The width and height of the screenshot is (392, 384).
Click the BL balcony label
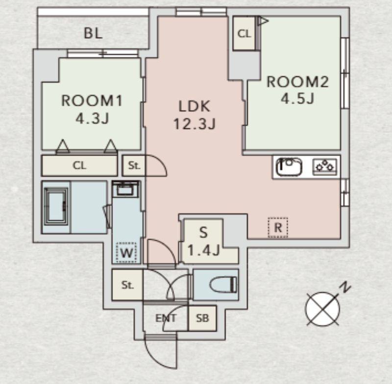(x=93, y=33)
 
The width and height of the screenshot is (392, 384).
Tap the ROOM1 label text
(x=91, y=101)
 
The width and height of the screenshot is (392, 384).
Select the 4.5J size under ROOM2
(x=297, y=99)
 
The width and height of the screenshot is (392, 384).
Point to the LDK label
(x=194, y=106)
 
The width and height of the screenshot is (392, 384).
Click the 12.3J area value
(x=194, y=124)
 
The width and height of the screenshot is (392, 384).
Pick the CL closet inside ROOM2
(x=244, y=33)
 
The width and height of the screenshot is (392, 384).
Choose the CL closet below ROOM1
(x=79, y=165)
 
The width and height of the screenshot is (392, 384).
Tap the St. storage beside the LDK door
(x=134, y=166)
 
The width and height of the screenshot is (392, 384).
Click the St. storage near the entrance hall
(x=127, y=285)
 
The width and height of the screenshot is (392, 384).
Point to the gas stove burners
(x=324, y=166)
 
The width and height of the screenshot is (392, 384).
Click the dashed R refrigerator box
(x=278, y=227)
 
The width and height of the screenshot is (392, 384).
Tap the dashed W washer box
(x=126, y=253)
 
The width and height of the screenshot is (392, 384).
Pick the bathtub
(x=56, y=207)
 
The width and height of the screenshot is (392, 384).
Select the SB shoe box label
(x=202, y=318)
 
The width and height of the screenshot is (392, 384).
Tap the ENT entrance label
(x=166, y=318)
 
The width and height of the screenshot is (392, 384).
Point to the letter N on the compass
(x=346, y=288)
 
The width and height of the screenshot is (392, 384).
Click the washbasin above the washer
(x=126, y=189)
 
